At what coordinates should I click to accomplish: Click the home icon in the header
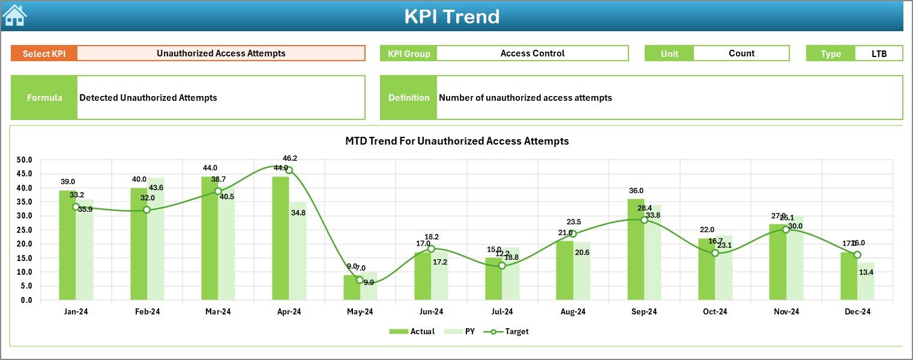coord(15,16)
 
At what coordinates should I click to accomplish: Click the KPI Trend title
coord(451,16)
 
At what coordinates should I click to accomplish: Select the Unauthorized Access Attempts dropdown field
coord(221,53)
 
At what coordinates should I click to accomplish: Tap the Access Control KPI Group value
coord(532,53)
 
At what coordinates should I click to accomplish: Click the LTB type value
coord(879,53)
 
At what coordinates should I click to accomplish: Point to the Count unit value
coord(741,53)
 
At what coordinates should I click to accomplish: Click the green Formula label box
coord(44,98)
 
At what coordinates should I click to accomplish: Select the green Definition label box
coord(409,98)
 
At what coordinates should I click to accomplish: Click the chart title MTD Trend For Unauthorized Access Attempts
coord(457,141)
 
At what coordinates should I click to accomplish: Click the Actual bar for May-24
coord(352,287)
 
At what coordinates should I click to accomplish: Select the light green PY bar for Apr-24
coord(298,251)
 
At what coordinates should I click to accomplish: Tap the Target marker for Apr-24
coord(289,170)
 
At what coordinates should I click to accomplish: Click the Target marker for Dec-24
coord(857,255)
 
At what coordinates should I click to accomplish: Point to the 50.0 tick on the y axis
coord(25,160)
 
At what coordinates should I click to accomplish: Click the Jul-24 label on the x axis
coord(502,311)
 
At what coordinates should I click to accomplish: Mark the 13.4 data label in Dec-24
coord(866,272)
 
